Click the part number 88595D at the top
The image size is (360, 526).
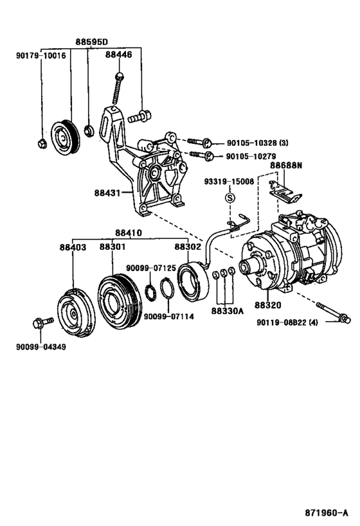(x=91, y=42)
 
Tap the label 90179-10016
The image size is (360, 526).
(x=41, y=55)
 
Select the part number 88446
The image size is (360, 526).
(x=118, y=55)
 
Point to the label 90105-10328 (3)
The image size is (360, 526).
(x=257, y=143)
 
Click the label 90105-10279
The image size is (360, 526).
(x=251, y=156)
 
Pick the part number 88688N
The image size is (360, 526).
(x=286, y=166)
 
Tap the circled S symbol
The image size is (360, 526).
(x=230, y=198)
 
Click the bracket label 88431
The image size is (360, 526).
(x=107, y=193)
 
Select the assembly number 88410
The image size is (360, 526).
(x=129, y=232)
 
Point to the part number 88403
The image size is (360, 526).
(x=73, y=247)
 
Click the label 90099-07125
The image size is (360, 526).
(x=151, y=268)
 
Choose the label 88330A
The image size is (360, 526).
(x=228, y=311)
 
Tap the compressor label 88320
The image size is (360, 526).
(x=267, y=305)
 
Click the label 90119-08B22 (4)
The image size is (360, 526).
(x=287, y=322)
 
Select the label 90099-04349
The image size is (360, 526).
(x=41, y=347)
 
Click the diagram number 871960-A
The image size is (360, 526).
(x=327, y=513)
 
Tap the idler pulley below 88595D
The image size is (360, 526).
(x=65, y=137)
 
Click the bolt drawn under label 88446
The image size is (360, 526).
(x=118, y=88)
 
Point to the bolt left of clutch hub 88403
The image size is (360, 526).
(x=43, y=322)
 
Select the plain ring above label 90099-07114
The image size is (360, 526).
(x=167, y=288)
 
